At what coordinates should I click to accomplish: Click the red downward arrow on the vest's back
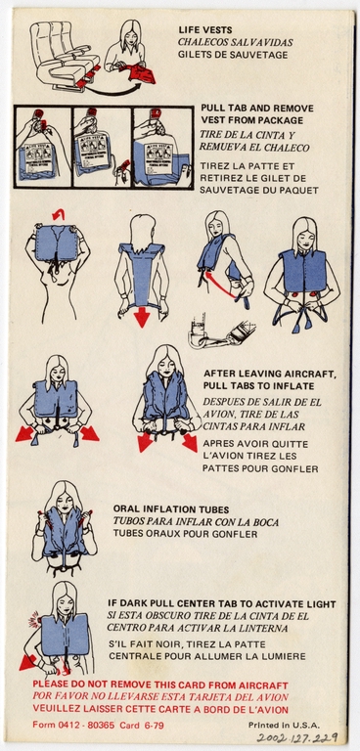142,316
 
